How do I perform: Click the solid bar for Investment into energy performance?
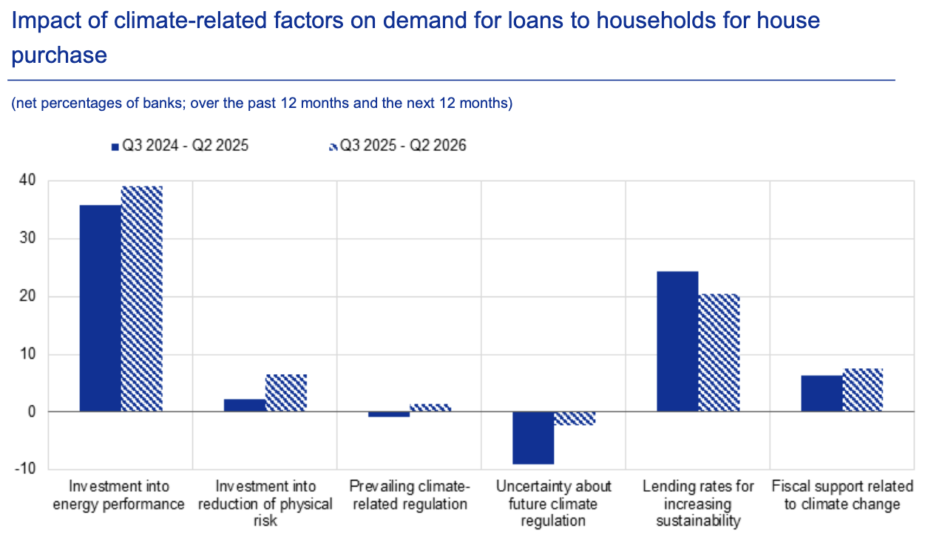[x=100, y=308]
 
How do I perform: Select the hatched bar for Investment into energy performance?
[x=141, y=299]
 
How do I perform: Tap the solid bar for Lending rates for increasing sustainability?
[x=677, y=341]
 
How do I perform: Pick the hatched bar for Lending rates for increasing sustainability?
[x=719, y=352]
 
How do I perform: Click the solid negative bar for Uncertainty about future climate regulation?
[x=533, y=438]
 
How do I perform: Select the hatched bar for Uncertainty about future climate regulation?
[x=575, y=418]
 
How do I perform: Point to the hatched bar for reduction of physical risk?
[x=285, y=393]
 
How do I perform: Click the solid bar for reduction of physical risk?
[x=244, y=405]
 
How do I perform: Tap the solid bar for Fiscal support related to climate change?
[x=822, y=393]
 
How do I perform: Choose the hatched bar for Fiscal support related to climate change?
[x=863, y=390]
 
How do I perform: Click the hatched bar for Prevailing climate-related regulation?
[x=430, y=407]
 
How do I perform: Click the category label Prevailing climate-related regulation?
[x=409, y=495]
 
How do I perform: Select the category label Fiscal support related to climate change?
[x=842, y=495]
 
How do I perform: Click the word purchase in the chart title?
[x=59, y=55]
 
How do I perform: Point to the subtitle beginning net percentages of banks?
[x=262, y=104]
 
